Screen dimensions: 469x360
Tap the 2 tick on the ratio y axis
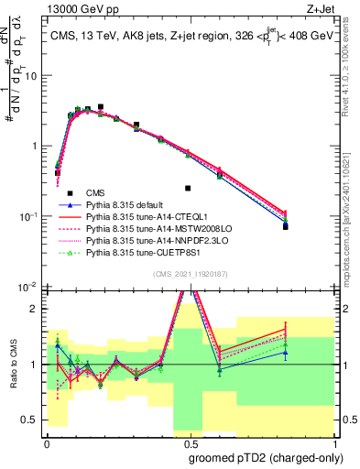pyautogui.click(x=37, y=308)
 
